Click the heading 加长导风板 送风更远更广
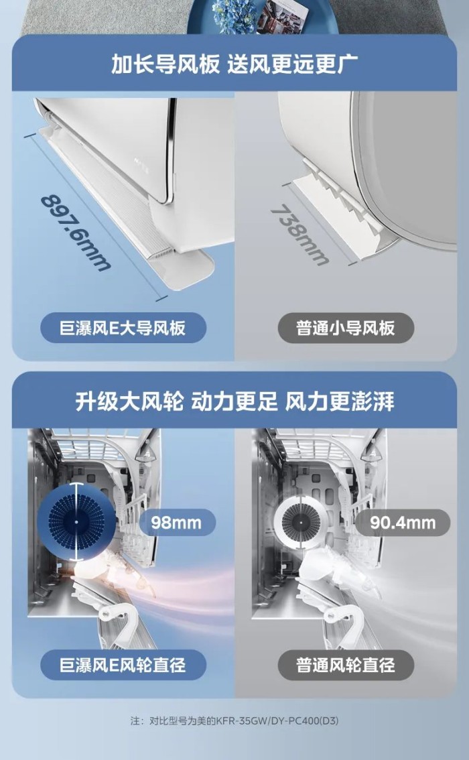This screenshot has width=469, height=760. (234, 64)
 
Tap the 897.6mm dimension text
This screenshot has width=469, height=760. (75, 232)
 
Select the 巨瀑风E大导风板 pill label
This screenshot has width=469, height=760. (123, 328)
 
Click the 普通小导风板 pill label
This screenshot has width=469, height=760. (346, 328)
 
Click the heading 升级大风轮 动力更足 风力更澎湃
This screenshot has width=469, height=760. (234, 401)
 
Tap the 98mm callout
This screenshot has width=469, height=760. (176, 523)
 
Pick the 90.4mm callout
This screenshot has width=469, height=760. (403, 523)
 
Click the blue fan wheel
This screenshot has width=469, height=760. (76, 522)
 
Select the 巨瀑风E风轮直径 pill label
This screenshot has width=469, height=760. (123, 665)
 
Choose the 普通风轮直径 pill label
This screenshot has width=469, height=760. (346, 665)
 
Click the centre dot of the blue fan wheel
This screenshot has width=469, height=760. (76, 522)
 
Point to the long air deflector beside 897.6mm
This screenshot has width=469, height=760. (127, 208)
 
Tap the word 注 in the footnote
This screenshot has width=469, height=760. (135, 720)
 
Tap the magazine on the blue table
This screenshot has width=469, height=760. (281, 15)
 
